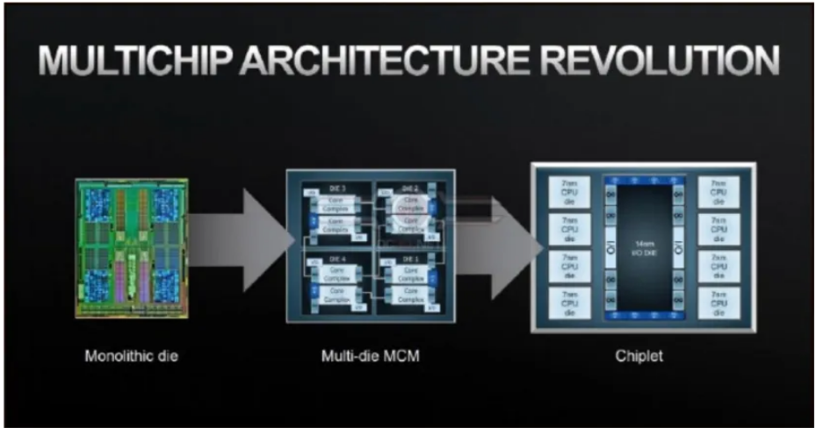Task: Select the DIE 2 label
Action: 410,189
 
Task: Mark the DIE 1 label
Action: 410,259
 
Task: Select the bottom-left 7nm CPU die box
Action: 560,303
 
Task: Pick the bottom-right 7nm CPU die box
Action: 719,303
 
